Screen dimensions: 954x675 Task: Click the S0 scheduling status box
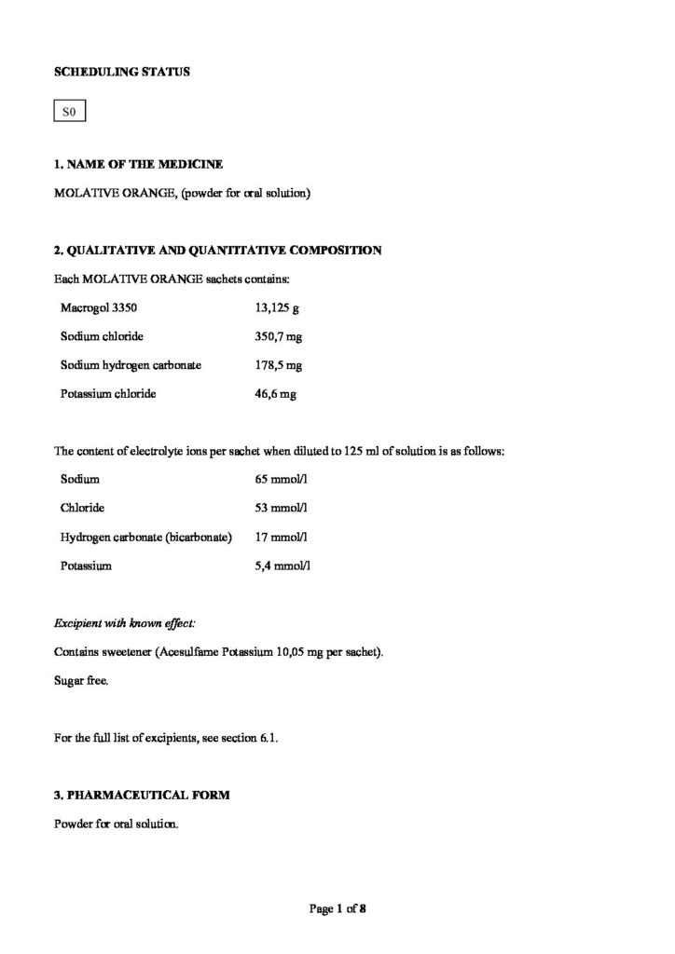pos(68,114)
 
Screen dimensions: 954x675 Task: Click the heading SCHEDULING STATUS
pos(122,71)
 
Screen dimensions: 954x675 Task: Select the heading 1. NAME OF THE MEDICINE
pos(139,165)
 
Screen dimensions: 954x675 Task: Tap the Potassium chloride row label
pos(108,393)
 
